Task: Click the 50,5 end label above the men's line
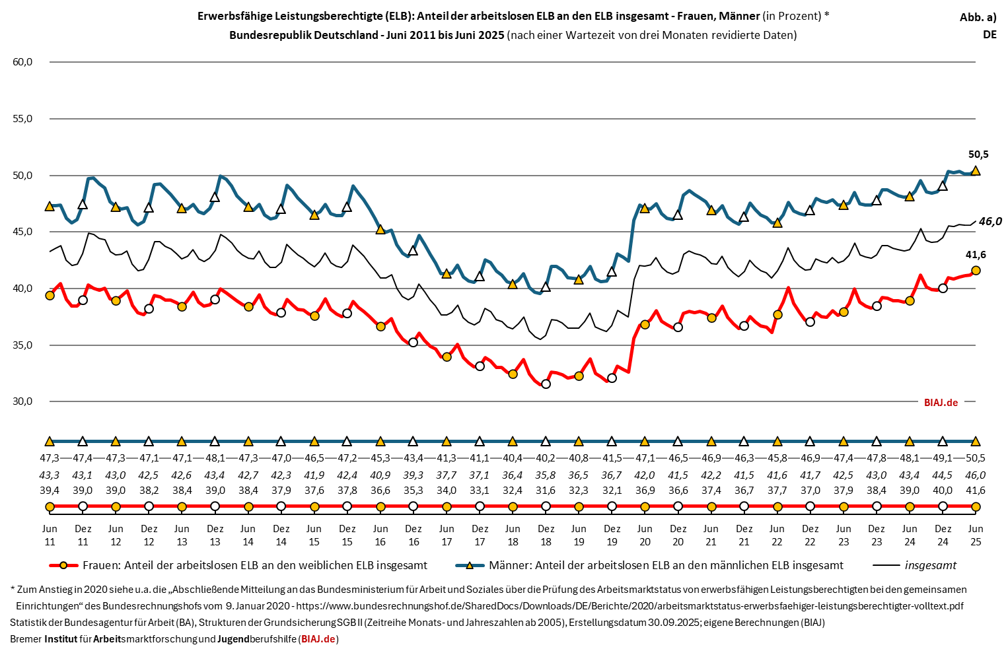pyautogui.click(x=978, y=154)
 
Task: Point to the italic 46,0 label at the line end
pyautogui.click(x=989, y=222)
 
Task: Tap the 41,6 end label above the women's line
pyautogui.click(x=976, y=255)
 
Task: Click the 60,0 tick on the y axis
pyautogui.click(x=22, y=62)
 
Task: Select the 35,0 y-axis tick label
pyautogui.click(x=22, y=345)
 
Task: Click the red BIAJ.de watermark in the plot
pyautogui.click(x=941, y=402)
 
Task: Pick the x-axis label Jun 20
pyautogui.click(x=645, y=535)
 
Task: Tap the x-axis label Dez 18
pyautogui.click(x=546, y=535)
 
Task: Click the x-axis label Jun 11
pyautogui.click(x=50, y=535)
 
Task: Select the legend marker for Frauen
pyautogui.click(x=63, y=566)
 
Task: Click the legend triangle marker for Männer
pyautogui.click(x=470, y=566)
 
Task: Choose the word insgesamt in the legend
pyautogui.click(x=930, y=566)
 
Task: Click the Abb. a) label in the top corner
pyautogui.click(x=978, y=18)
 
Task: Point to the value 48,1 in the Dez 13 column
pyautogui.click(x=215, y=458)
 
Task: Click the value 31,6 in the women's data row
pyautogui.click(x=546, y=491)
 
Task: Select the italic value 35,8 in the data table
pyautogui.click(x=546, y=475)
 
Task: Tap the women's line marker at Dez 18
pyautogui.click(x=546, y=384)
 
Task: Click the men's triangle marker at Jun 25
pyautogui.click(x=976, y=170)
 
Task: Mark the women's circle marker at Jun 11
pyautogui.click(x=50, y=295)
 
